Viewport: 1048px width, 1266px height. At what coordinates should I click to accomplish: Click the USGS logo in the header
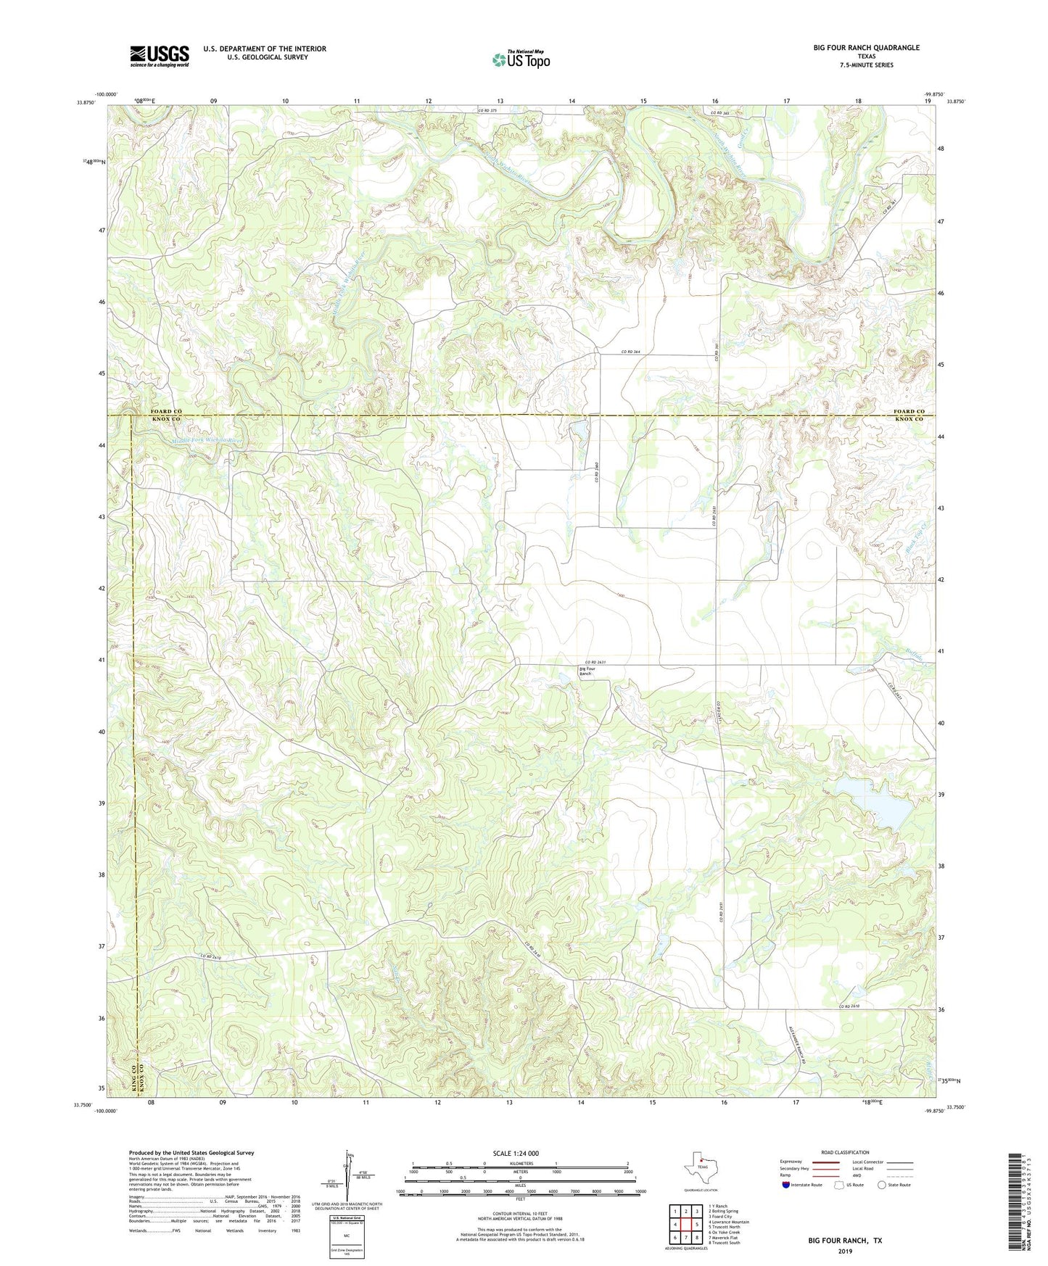pyautogui.click(x=160, y=56)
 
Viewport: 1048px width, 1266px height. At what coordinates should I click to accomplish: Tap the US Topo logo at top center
pyautogui.click(x=521, y=59)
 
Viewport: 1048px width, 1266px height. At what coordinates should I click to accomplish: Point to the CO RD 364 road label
pyautogui.click(x=630, y=352)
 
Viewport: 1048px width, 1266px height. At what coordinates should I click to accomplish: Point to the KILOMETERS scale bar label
pyautogui.click(x=520, y=1163)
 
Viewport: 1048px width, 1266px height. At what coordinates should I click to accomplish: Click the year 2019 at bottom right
pyautogui.click(x=845, y=1251)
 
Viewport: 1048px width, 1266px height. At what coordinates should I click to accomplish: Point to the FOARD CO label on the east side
pyautogui.click(x=909, y=411)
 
